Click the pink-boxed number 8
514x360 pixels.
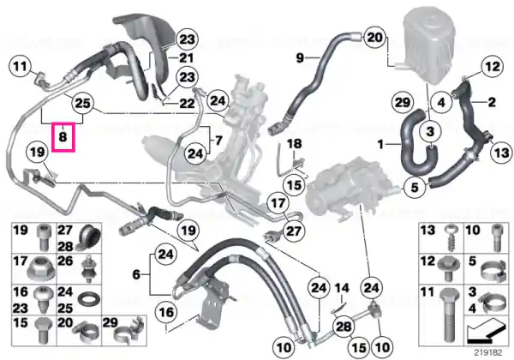63,137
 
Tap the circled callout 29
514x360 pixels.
403,103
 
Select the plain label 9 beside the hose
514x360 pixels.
300,58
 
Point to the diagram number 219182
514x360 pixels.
488,353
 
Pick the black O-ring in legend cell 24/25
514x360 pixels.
89,299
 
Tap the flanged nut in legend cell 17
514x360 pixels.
41,269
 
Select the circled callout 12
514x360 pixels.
493,67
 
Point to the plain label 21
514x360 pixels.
186,58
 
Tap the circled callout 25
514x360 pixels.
82,103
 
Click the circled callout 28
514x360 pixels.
344,327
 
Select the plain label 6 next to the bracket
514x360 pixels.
136,274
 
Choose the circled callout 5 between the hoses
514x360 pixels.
415,188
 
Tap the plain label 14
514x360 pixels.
342,289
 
